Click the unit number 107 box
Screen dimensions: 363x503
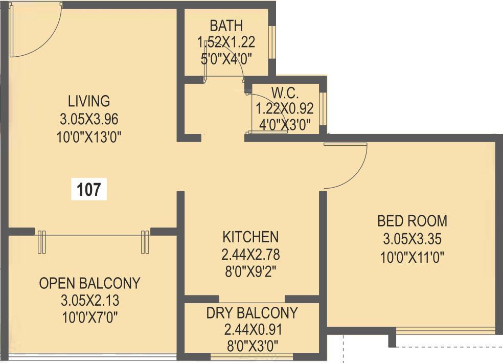(x=89, y=190)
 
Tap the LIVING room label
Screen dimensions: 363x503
(x=89, y=100)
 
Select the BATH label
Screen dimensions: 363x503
(x=226, y=26)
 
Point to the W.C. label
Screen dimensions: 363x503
(x=285, y=94)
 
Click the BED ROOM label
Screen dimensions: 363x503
(x=412, y=221)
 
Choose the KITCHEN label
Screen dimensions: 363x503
(x=250, y=237)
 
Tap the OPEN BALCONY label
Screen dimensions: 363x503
(x=89, y=283)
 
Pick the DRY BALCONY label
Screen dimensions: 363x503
(x=252, y=313)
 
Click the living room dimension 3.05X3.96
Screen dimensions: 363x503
(x=89, y=119)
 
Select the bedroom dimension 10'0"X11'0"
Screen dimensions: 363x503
(x=412, y=256)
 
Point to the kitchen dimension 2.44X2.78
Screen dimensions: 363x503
(x=250, y=254)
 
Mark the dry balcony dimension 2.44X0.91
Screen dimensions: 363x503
(x=252, y=329)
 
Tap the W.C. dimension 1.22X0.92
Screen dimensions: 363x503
(x=285, y=108)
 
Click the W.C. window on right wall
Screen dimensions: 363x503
(x=323, y=109)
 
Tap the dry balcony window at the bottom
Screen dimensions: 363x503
(x=252, y=355)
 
